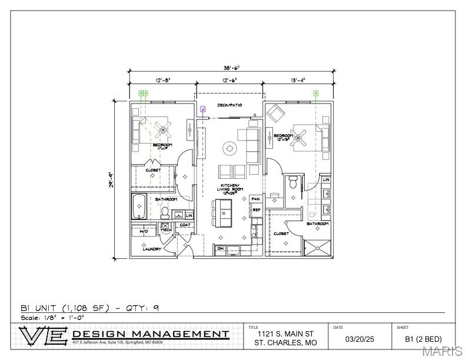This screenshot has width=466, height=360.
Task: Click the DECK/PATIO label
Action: (x=229, y=105)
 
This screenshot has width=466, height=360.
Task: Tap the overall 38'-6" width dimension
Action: (x=231, y=68)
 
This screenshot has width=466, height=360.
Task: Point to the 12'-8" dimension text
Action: (x=162, y=80)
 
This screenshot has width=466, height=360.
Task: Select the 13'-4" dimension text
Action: (x=297, y=80)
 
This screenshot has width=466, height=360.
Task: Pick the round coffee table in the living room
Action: (x=229, y=148)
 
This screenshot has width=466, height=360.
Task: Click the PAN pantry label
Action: (x=256, y=199)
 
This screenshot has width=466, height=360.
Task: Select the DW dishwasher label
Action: (x=221, y=249)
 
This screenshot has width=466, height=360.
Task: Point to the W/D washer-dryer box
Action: (x=144, y=232)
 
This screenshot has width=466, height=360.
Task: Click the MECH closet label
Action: (x=166, y=229)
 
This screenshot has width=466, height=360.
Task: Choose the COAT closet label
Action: (x=184, y=225)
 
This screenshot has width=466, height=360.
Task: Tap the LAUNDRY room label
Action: (x=152, y=249)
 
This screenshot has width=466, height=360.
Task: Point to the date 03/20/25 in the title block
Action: (x=359, y=339)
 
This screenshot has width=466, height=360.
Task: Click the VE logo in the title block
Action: (x=44, y=336)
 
